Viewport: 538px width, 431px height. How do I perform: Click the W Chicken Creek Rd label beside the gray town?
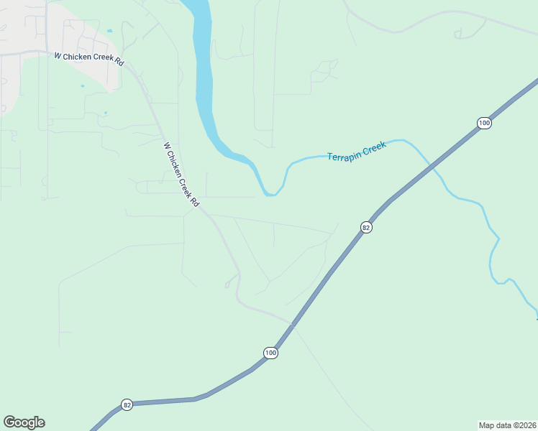click(x=88, y=59)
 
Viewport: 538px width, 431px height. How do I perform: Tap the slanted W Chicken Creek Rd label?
click(x=181, y=175)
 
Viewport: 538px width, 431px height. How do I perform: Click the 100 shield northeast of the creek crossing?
click(x=484, y=124)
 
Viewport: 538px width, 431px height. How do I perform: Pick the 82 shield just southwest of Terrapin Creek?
click(x=366, y=228)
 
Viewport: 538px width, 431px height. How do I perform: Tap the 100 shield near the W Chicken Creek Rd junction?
click(x=270, y=353)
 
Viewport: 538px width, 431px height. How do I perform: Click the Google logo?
click(x=24, y=422)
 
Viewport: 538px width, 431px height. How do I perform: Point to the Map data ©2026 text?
click(x=507, y=425)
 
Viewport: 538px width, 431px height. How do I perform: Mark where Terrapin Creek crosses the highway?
click(x=434, y=167)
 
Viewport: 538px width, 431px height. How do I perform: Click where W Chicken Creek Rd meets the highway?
click(x=291, y=325)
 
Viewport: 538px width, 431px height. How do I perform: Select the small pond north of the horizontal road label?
click(x=109, y=31)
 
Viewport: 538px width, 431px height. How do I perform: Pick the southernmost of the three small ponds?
click(x=105, y=113)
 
